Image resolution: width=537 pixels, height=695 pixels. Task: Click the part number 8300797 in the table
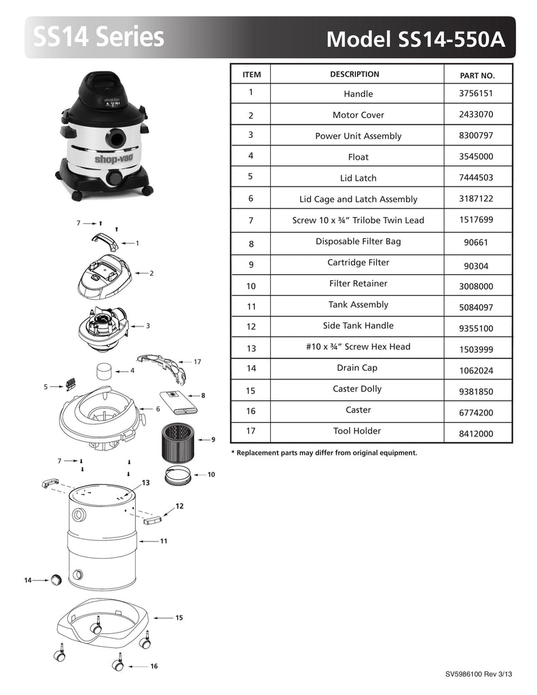pyautogui.click(x=476, y=135)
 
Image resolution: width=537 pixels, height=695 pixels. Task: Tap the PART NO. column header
pyautogui.click(x=477, y=75)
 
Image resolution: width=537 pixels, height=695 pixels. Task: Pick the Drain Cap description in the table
pyautogui.click(x=357, y=367)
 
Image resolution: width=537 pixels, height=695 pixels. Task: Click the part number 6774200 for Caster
pyautogui.click(x=476, y=413)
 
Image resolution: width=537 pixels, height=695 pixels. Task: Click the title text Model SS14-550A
pyautogui.click(x=415, y=39)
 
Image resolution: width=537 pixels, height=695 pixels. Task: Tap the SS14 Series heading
pyautogui.click(x=98, y=37)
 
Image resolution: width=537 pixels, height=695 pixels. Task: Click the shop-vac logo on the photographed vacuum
pyautogui.click(x=114, y=159)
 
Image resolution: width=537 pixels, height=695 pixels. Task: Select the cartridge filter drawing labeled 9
pyautogui.click(x=179, y=441)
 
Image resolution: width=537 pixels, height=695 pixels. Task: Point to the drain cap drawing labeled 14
pyautogui.click(x=56, y=580)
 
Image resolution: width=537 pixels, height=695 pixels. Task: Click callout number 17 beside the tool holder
pyautogui.click(x=198, y=362)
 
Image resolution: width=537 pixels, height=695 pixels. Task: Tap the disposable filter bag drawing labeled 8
pyautogui.click(x=179, y=402)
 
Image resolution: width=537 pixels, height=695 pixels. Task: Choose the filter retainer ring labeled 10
pyautogui.click(x=178, y=476)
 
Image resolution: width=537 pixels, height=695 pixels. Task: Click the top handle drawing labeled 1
pyautogui.click(x=105, y=241)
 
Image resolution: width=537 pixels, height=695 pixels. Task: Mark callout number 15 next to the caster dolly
pyautogui.click(x=179, y=618)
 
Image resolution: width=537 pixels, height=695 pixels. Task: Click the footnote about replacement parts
pyautogui.click(x=324, y=453)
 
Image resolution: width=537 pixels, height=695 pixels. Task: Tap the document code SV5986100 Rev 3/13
pyautogui.click(x=479, y=674)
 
